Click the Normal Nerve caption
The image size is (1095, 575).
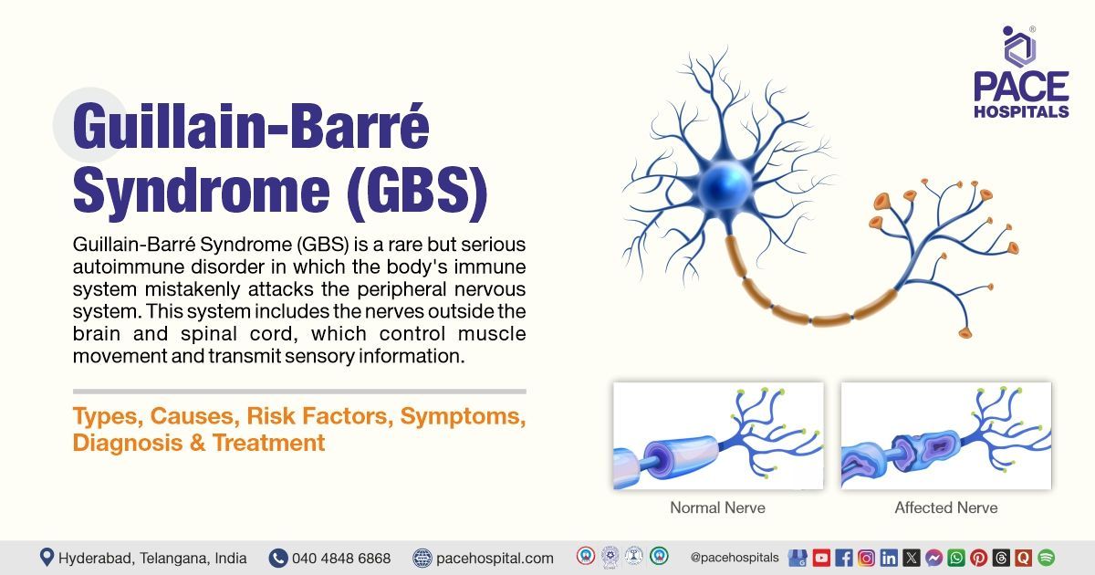click(717, 507)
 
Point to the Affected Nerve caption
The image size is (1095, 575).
click(945, 507)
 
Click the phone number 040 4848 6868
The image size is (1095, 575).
click(341, 558)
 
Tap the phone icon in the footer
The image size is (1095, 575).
click(278, 558)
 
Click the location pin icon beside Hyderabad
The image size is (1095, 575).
click(47, 558)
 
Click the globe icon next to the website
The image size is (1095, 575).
click(422, 558)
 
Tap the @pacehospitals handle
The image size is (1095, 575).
click(735, 557)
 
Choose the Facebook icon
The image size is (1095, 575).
click(844, 558)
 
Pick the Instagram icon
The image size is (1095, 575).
click(866, 558)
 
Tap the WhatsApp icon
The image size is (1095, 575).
click(956, 558)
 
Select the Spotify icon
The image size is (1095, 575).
click(1046, 558)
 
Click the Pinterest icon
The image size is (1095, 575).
click(979, 558)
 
